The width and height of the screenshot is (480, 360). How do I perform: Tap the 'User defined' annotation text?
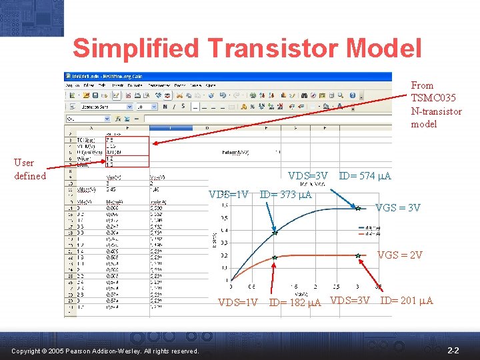(x=30, y=169)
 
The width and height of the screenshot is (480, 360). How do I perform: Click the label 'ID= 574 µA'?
(x=365, y=177)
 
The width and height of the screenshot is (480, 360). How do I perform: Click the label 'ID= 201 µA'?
(x=406, y=301)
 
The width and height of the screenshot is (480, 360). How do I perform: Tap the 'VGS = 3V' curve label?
(x=398, y=208)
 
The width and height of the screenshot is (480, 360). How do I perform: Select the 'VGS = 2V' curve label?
(x=399, y=255)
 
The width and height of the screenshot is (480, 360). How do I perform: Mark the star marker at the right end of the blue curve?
(x=358, y=208)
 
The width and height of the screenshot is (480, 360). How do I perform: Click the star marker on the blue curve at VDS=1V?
(x=274, y=233)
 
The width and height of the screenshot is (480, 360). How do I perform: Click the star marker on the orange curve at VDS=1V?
(x=274, y=257)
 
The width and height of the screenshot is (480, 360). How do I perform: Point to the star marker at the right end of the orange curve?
(x=358, y=255)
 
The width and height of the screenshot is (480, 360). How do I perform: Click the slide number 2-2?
(x=453, y=350)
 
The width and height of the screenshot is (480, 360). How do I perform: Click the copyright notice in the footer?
(x=105, y=351)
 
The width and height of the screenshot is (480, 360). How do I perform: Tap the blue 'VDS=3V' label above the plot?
(x=307, y=177)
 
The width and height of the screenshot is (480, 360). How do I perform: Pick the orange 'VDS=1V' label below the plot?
(x=238, y=302)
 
